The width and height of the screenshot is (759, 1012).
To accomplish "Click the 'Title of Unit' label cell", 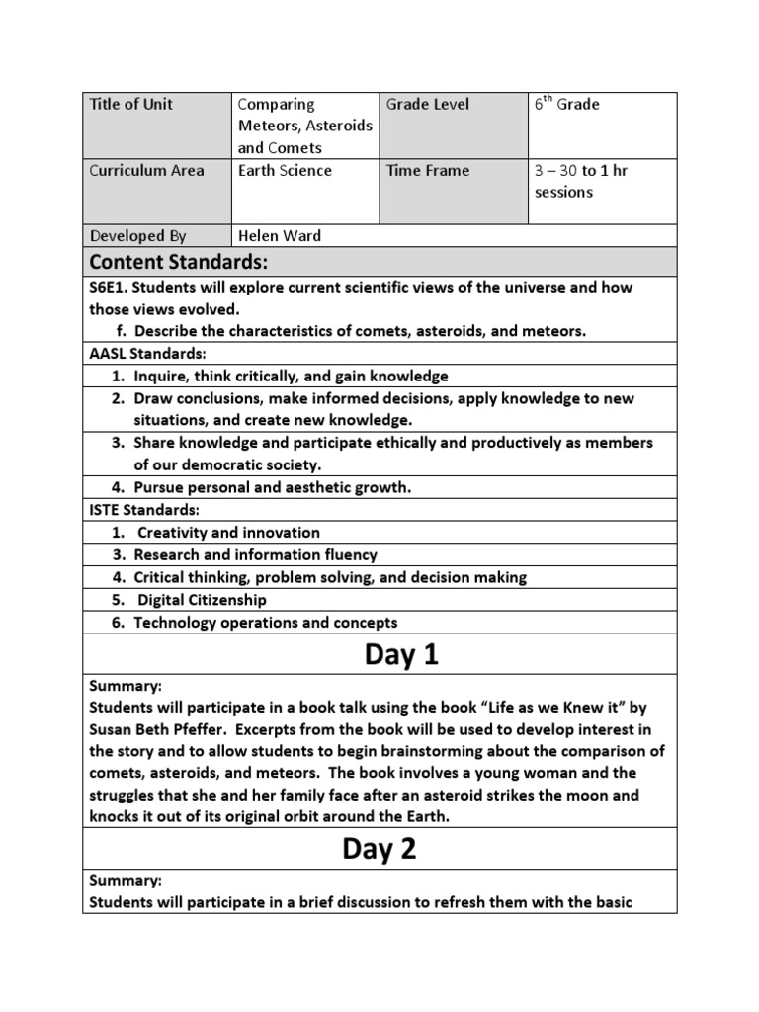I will tap(131, 105).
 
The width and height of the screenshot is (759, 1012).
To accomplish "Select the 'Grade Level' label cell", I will tap(428, 105).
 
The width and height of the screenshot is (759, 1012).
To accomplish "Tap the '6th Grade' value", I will tap(567, 105).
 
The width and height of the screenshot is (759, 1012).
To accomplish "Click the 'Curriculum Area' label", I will tap(147, 171).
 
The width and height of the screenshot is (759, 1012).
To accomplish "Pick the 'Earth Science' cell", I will tap(285, 171).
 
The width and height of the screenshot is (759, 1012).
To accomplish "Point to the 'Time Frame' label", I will tap(427, 171).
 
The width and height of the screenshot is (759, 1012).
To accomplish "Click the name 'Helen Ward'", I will tap(280, 236).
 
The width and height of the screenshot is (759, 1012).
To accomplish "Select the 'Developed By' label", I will tap(137, 236).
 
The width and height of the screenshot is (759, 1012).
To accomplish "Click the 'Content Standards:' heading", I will tap(178, 262).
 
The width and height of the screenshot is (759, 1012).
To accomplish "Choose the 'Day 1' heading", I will tap(379, 654).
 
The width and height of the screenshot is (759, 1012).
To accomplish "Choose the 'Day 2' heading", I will tap(379, 849).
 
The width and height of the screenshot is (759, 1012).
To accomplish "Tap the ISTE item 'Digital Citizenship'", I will tap(202, 600).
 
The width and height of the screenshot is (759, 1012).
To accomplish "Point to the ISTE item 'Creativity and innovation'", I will tap(228, 533).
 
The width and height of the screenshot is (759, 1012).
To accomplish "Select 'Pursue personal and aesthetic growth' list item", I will tap(272, 487).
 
